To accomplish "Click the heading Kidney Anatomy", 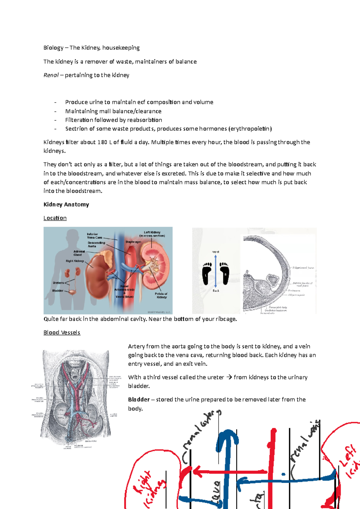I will (x=66, y=204).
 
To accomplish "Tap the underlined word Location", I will (x=55, y=218).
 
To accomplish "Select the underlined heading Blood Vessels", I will (x=62, y=332).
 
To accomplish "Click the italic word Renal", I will (x=51, y=75).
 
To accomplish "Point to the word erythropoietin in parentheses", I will (x=250, y=129).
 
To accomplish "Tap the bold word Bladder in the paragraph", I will (x=139, y=400).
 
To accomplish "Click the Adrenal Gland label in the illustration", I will (x=79, y=253).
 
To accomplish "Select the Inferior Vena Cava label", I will (x=94, y=236).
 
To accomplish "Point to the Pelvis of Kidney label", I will (x=161, y=295).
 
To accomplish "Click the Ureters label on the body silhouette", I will (x=58, y=283).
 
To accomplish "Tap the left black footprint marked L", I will (x=206, y=273).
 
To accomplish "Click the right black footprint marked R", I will (x=224, y=273).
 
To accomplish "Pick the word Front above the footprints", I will (x=215, y=252).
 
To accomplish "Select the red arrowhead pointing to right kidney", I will (x=197, y=472).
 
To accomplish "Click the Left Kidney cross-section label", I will (x=152, y=234).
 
